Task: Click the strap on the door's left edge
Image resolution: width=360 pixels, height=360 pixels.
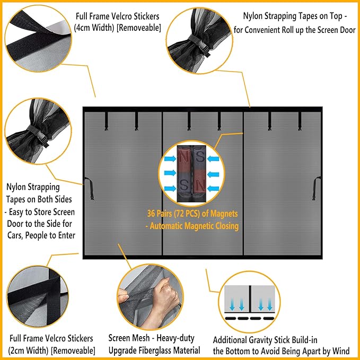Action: tap(89, 189)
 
